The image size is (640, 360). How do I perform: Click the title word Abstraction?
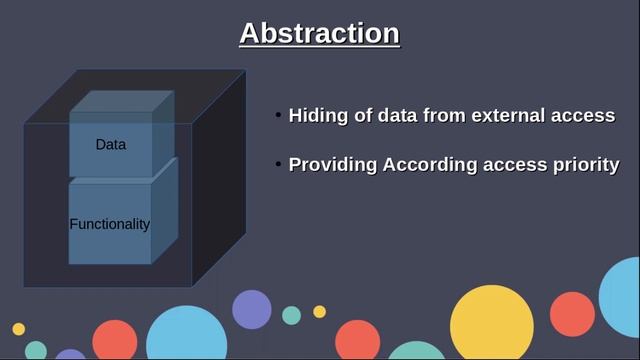tap(319, 33)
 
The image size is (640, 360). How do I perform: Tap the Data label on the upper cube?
tap(111, 144)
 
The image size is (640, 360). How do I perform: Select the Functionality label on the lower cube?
tap(110, 224)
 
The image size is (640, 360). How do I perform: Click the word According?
tap(430, 165)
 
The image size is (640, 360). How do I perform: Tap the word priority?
tap(585, 165)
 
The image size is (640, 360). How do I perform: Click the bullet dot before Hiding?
tap(279, 115)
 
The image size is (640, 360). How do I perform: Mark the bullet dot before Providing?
tap(279, 164)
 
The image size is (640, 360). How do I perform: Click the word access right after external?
tap(584, 115)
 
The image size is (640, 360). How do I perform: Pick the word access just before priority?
tap(514, 165)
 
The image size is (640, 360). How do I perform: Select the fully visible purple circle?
tap(252, 309)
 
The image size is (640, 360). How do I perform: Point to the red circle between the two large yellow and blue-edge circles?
tap(572, 315)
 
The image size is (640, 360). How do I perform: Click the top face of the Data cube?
tap(122, 101)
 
